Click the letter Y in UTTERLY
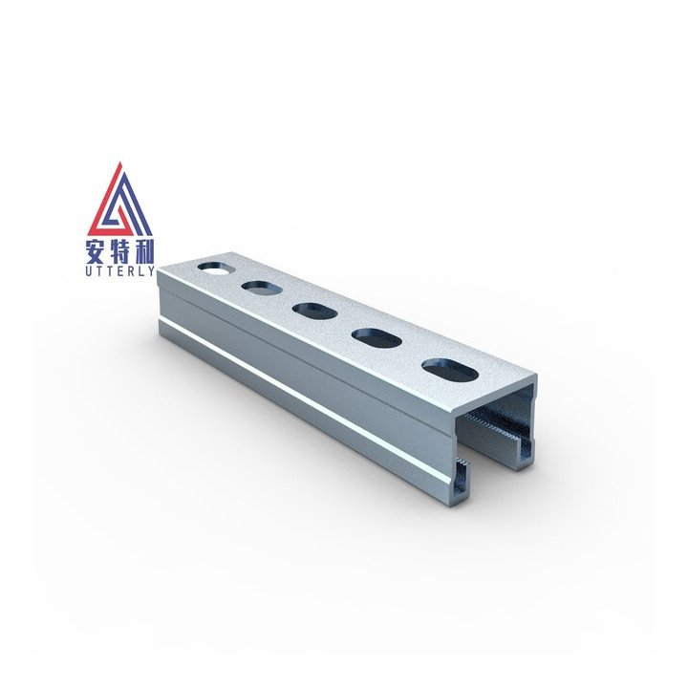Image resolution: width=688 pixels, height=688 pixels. pos(152,273)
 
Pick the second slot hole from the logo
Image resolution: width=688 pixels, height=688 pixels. pos(257,286)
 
